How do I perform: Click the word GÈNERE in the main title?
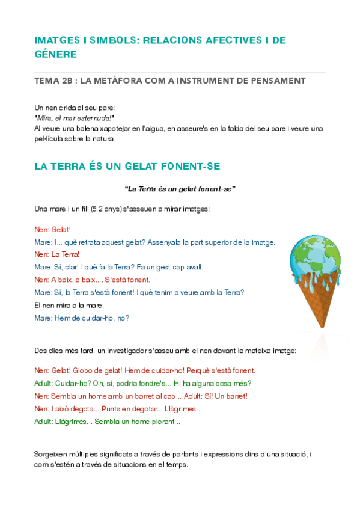pyautogui.click(x=56, y=54)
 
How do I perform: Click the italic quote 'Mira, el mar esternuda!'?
pyautogui.click(x=75, y=118)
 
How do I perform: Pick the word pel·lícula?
pyautogui.click(x=53, y=138)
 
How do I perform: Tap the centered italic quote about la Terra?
pyautogui.click(x=180, y=189)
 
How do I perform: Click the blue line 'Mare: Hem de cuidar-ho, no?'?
pyautogui.click(x=82, y=318)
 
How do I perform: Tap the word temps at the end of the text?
pyautogui.click(x=177, y=464)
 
